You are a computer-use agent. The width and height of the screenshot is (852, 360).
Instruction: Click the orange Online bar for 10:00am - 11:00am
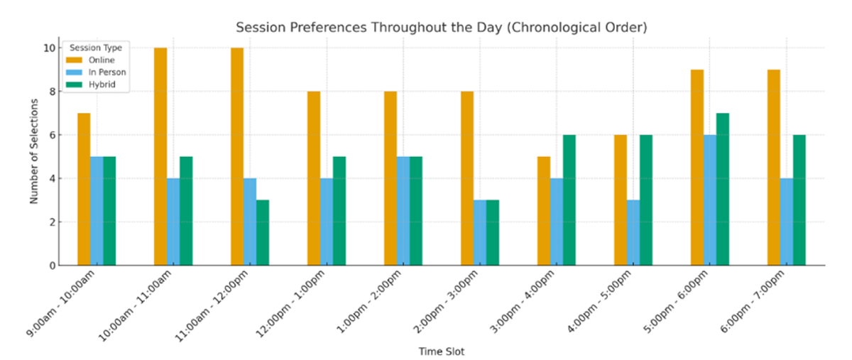[160, 156]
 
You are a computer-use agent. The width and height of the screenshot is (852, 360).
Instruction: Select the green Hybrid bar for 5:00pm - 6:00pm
[722, 189]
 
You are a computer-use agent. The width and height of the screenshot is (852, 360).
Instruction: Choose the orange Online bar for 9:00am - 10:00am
[84, 189]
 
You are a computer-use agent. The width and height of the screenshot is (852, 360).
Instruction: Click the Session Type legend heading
[95, 48]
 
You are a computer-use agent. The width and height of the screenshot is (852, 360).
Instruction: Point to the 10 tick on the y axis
[49, 48]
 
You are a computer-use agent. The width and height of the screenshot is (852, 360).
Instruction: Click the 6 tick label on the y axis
[51, 135]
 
